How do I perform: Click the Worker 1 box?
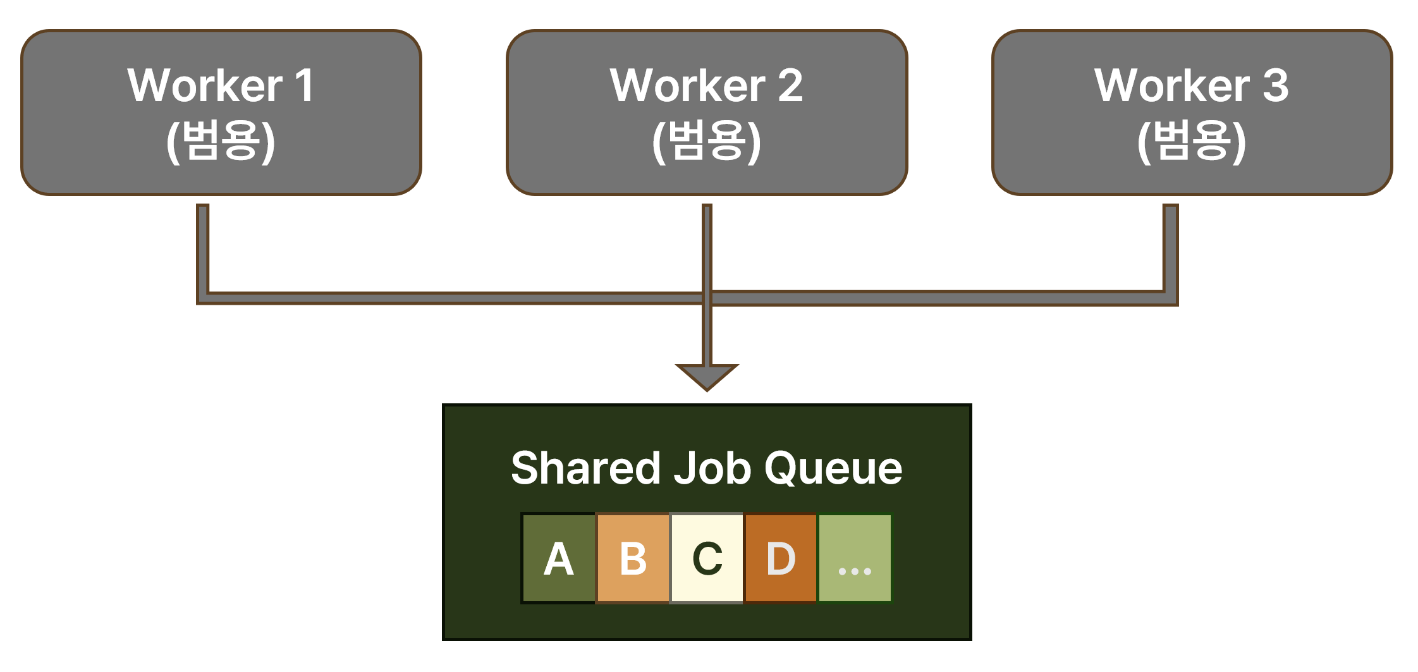coord(221,113)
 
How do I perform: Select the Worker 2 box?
coord(707,113)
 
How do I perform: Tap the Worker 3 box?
coord(1192,113)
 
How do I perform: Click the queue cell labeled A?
coord(559,558)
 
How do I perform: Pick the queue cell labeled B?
coord(633,558)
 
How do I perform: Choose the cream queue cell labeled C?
coord(707,558)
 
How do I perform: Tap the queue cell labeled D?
coord(781,558)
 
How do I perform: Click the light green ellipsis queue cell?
coord(855,558)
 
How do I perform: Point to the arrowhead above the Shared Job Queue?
coord(707,376)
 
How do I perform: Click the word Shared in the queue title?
coord(585,468)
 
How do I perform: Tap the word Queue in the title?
coord(833,468)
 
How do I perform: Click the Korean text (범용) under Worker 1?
coord(221,141)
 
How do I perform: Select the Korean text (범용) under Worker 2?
coord(707,141)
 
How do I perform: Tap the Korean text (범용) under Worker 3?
coord(1192,141)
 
